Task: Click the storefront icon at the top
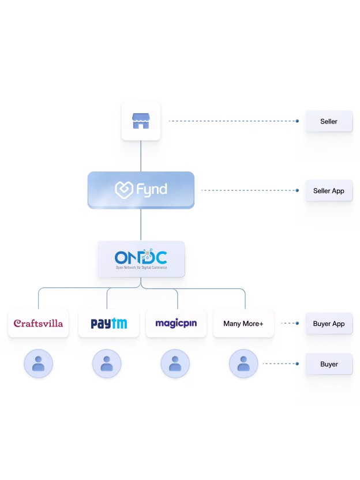pos(141,121)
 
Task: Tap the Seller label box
pos(328,122)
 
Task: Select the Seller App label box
pos(328,190)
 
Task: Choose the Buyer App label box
pos(328,324)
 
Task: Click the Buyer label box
pos(328,365)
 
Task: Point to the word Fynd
pos(151,189)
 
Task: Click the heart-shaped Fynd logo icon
pos(124,189)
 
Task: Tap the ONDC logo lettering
pos(141,256)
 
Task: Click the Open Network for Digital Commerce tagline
pos(141,268)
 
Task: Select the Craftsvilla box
pos(38,324)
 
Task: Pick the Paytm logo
pos(109,324)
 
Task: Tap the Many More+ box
pos(243,324)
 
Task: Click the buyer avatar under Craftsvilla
pos(38,365)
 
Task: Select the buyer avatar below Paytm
pos(106,365)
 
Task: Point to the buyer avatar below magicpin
pos(174,365)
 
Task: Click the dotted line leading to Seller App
pos(248,190)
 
